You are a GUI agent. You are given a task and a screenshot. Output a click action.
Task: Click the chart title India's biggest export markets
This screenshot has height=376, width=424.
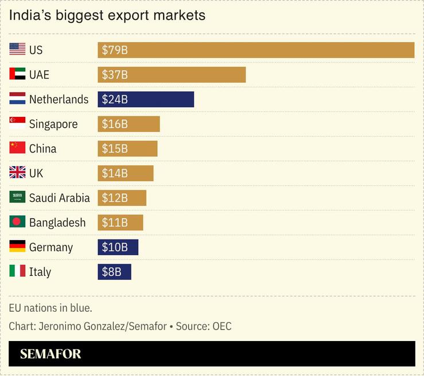tap(107, 15)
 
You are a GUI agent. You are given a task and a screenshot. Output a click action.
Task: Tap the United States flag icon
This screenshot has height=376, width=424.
tap(17, 49)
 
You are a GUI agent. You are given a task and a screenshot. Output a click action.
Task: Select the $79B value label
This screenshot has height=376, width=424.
tap(114, 50)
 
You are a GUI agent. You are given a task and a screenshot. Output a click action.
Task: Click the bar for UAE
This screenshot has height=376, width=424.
tap(172, 75)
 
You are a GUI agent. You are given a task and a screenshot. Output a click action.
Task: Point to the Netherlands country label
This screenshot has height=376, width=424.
tap(59, 100)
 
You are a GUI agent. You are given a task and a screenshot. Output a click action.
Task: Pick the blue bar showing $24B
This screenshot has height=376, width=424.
tap(146, 99)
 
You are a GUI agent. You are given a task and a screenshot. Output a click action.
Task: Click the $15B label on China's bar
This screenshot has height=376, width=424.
tap(114, 149)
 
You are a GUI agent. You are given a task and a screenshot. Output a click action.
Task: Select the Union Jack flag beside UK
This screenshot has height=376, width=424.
tap(17, 173)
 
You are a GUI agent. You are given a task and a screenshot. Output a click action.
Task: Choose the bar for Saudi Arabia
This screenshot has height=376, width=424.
tap(122, 198)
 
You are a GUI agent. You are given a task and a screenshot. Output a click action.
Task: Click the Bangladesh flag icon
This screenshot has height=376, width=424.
tap(17, 222)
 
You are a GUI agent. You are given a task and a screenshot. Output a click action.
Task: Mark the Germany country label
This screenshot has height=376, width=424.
tap(51, 248)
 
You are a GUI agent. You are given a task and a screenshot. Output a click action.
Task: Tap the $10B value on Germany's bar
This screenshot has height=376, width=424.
tap(114, 248)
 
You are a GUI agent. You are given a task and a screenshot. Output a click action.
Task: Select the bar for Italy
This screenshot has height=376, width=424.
tap(114, 272)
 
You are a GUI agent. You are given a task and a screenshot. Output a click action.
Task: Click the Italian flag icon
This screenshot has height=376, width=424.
tap(17, 271)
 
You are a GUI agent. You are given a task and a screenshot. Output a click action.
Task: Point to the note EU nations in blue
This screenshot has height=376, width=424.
tap(50, 308)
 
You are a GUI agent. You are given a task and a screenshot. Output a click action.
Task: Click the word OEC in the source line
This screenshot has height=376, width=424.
tap(221, 326)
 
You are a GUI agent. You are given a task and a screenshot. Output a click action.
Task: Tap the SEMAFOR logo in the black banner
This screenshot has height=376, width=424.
tap(50, 354)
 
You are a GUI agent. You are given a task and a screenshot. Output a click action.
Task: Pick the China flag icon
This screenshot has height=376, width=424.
tap(17, 148)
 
